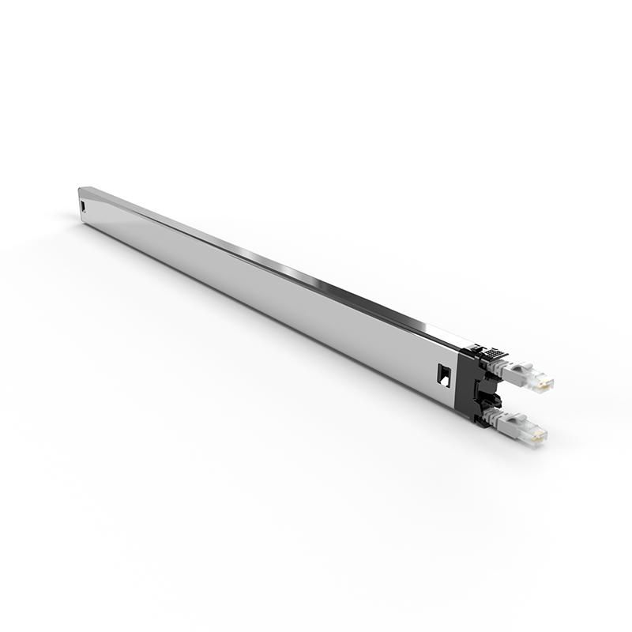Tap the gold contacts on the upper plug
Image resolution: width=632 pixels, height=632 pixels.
[544, 383]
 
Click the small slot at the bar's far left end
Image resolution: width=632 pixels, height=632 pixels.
[84, 207]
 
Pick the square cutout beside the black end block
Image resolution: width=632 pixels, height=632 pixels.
[443, 374]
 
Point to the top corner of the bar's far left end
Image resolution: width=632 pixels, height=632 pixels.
[80, 188]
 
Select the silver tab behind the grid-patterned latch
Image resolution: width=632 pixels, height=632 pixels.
[474, 348]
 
